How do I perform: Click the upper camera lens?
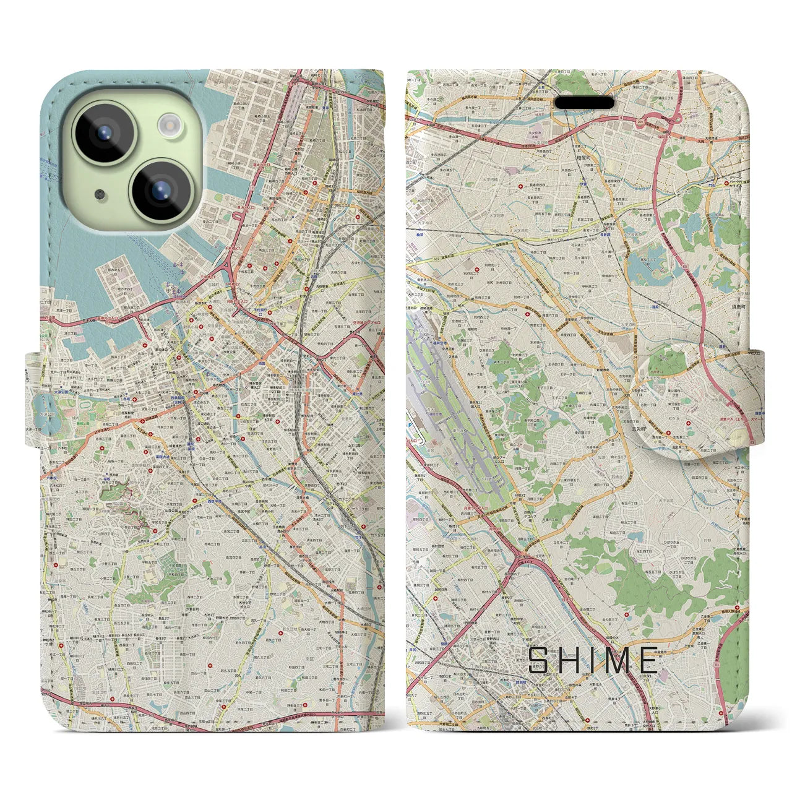(104, 132)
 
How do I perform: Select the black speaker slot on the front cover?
(583, 102)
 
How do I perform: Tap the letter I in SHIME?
(591, 660)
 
